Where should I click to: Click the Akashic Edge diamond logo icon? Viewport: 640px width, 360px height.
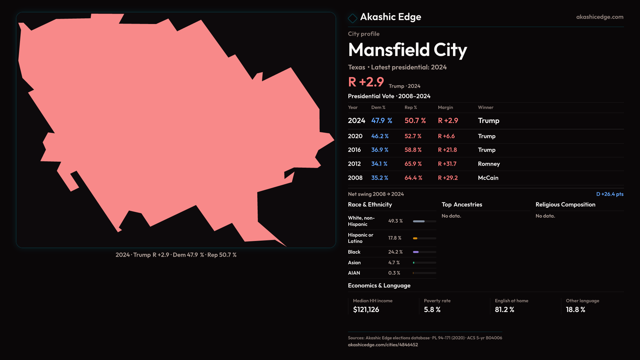(x=352, y=18)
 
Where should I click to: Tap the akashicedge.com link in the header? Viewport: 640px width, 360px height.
(x=599, y=17)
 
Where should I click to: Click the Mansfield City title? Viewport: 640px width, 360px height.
(x=407, y=50)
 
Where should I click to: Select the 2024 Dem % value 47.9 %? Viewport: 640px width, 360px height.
(x=382, y=121)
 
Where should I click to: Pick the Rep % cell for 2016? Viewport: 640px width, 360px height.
(x=413, y=150)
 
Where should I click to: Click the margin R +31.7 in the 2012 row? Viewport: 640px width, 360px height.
(x=447, y=164)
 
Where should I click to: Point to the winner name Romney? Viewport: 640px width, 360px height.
(x=489, y=164)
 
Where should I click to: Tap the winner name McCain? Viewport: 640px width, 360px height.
(x=488, y=178)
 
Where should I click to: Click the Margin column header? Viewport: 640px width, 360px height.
(x=445, y=107)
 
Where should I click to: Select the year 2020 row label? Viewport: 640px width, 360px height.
(x=355, y=136)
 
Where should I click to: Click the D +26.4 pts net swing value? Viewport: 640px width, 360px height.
(x=610, y=194)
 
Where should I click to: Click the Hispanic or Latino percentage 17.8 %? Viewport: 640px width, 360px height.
(x=395, y=238)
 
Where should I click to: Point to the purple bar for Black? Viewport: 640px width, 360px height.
(x=416, y=252)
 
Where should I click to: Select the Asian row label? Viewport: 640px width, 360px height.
(x=354, y=263)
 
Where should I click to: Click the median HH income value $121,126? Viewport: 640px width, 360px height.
(x=366, y=310)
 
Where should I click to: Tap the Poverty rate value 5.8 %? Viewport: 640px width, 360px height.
(x=432, y=310)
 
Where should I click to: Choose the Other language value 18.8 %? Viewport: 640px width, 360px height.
(x=575, y=310)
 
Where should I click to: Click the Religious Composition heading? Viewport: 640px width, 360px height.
(x=565, y=205)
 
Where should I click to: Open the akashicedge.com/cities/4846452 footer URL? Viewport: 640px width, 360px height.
(x=383, y=345)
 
